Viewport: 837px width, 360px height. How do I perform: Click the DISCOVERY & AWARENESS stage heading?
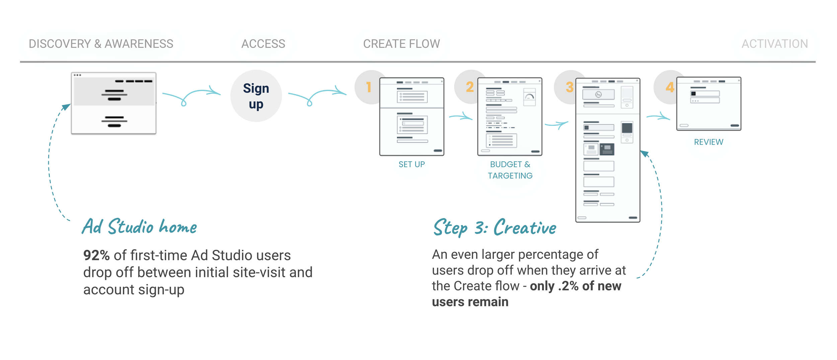pos(101,44)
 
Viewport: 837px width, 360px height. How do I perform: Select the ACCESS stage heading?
pos(263,44)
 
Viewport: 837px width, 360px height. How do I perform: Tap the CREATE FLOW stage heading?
pos(401,44)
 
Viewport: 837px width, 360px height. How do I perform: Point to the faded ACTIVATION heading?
pos(774,44)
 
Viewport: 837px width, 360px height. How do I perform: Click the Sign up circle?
pos(256,96)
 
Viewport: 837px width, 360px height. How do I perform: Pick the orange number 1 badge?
pos(369,87)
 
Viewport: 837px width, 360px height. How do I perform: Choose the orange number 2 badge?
pos(470,87)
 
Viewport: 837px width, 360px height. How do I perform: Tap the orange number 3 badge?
pos(569,87)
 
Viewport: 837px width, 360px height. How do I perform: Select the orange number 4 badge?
pos(670,87)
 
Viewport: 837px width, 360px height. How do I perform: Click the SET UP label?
pos(411,164)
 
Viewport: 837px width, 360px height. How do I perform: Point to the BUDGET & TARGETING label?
pos(510,170)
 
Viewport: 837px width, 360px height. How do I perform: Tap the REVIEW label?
pos(708,142)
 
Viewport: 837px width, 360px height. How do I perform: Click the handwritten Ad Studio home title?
pos(139,227)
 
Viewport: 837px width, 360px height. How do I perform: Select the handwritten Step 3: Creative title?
pos(494,228)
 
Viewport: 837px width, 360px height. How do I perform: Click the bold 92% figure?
pos(96,256)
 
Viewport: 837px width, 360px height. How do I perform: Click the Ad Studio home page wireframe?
pos(113,103)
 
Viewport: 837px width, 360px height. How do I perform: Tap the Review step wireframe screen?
pos(708,104)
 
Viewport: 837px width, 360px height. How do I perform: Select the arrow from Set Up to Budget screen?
pos(461,117)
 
